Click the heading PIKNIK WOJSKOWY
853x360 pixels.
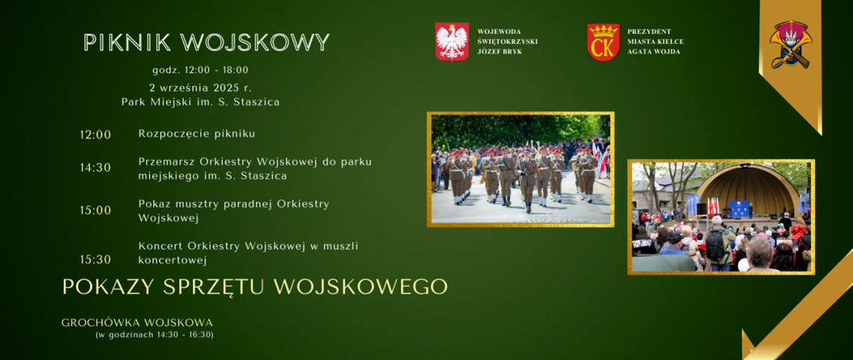[x=207, y=43]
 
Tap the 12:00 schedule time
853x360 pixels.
[x=95, y=135]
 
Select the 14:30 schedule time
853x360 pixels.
[x=95, y=168]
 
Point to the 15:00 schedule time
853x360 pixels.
[x=95, y=210]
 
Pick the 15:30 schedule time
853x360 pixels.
[x=95, y=260]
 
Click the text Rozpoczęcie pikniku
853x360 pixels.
[x=197, y=134]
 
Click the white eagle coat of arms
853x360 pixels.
[x=451, y=41]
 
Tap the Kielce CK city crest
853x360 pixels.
[x=603, y=42]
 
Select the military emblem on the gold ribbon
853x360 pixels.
[x=790, y=45]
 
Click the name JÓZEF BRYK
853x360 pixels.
[x=499, y=52]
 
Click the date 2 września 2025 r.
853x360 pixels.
[x=200, y=88]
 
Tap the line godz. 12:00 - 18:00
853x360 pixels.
[x=200, y=70]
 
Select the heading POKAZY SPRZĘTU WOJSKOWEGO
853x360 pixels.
[x=254, y=287]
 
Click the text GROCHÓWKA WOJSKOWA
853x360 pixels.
[x=137, y=323]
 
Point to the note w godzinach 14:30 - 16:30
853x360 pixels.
[x=155, y=335]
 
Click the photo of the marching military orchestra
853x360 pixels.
[x=520, y=169]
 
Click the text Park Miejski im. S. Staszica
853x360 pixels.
[x=200, y=102]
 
